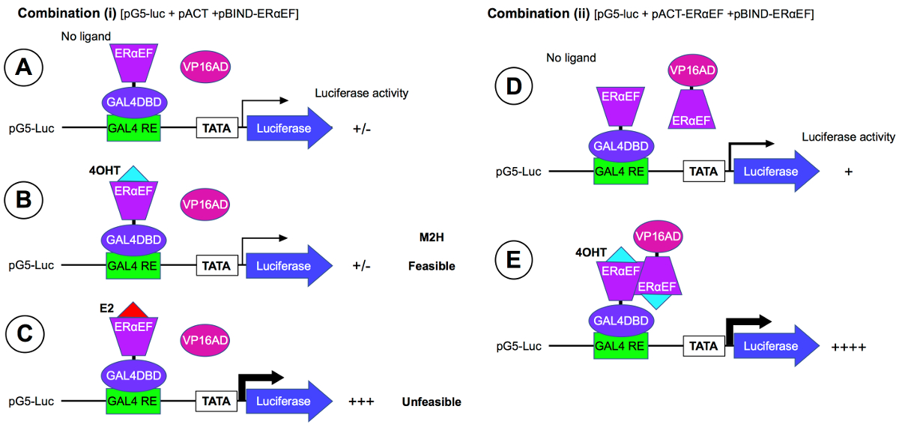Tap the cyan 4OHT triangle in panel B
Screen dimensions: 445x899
point(133,173)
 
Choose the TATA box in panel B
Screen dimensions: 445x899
point(217,266)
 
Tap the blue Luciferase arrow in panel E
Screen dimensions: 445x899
point(776,345)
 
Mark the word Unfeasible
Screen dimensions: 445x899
point(431,402)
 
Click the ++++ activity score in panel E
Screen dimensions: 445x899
point(848,347)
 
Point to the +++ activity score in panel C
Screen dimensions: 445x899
point(361,402)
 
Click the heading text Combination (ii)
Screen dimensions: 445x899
point(536,13)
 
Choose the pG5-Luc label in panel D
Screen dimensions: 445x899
point(518,172)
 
